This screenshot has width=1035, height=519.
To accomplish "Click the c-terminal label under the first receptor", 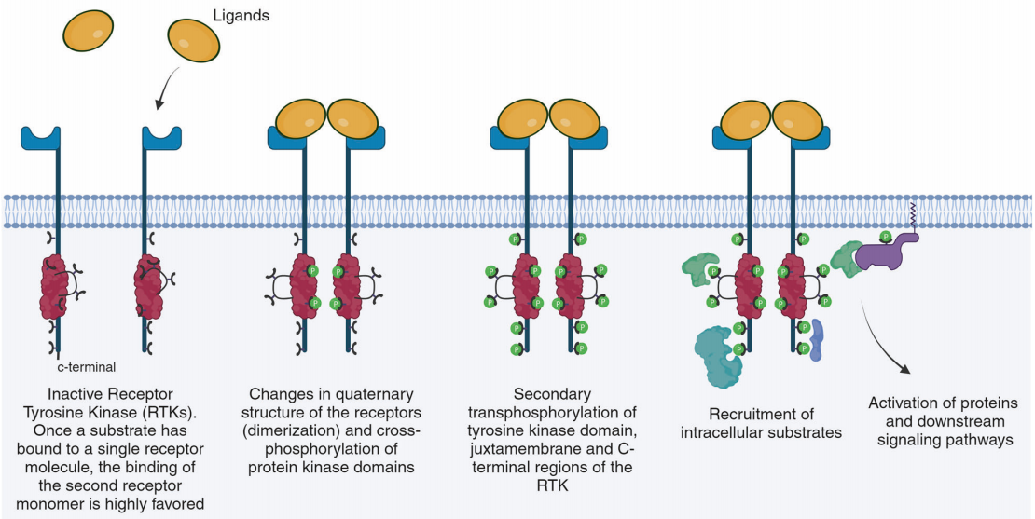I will click(87, 367).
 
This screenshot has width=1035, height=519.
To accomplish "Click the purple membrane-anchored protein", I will click(881, 251).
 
